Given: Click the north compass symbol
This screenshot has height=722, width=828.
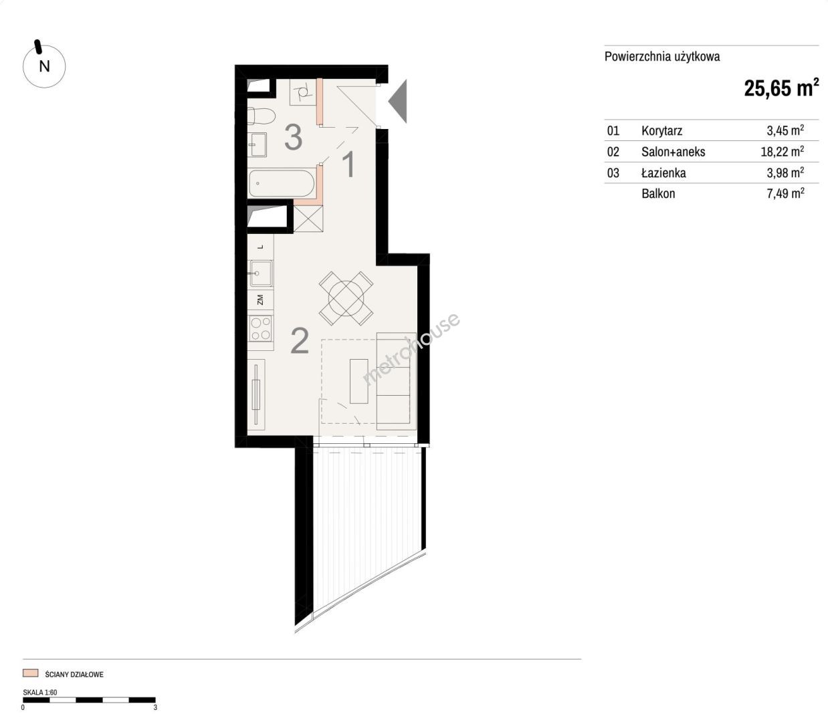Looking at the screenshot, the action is click(43, 66).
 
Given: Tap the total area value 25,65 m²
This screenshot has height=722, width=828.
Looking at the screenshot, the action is click(781, 88).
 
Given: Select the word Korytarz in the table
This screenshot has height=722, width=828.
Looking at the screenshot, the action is click(661, 130).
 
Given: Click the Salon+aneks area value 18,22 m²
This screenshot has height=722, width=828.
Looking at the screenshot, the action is click(783, 151).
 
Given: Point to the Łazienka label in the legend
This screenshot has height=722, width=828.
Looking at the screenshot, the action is click(663, 172).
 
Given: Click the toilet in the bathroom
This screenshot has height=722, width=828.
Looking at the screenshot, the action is click(262, 116).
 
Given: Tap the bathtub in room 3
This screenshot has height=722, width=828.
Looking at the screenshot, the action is click(282, 183).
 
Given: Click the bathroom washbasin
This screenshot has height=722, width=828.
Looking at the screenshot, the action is click(257, 144).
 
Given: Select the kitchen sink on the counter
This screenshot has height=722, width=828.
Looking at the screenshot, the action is click(261, 273).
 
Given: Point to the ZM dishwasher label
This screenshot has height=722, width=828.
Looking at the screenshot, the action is click(260, 299).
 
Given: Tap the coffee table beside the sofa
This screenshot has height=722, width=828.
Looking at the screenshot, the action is click(359, 380).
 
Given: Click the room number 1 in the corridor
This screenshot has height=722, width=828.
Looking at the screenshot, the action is click(348, 164).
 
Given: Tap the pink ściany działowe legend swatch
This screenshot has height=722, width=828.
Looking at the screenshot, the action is click(30, 673).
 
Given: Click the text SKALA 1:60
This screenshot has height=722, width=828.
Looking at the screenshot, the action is click(39, 692).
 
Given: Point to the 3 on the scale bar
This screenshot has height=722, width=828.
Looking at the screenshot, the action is click(155, 707).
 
